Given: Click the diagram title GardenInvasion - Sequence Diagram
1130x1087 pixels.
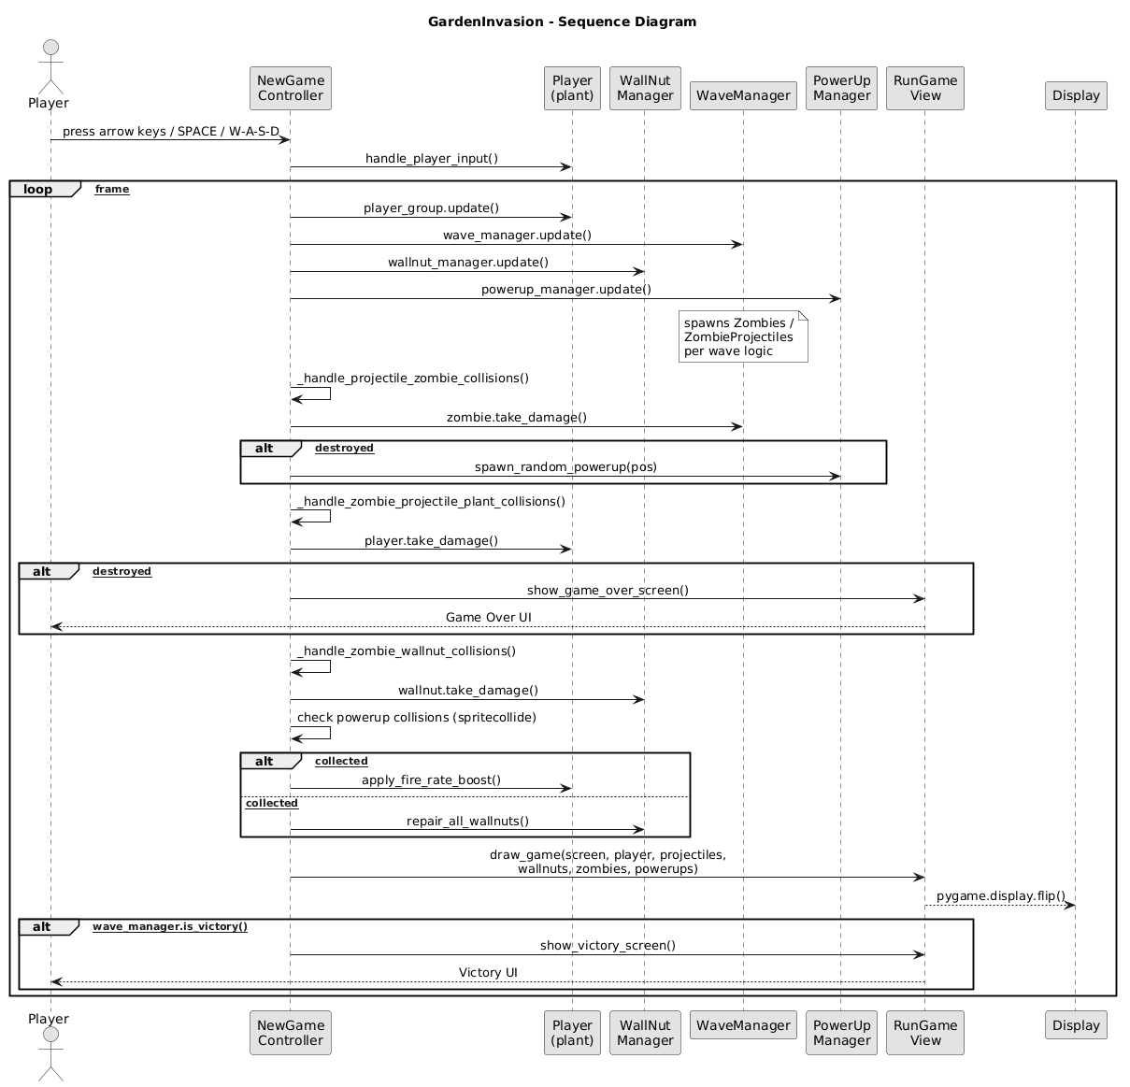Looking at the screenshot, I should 562,21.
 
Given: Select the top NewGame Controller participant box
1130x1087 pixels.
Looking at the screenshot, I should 290,88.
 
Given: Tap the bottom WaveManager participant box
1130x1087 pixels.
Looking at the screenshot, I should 743,1024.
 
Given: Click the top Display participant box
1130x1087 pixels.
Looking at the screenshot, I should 1075,95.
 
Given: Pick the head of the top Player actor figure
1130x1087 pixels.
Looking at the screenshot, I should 50,50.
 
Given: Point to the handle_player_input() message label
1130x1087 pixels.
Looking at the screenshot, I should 431,159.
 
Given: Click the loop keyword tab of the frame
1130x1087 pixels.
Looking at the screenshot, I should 39,189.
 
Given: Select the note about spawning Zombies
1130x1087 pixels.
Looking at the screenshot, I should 742,337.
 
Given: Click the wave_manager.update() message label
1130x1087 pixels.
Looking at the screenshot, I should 517,235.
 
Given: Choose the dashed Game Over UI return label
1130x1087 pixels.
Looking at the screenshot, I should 488,617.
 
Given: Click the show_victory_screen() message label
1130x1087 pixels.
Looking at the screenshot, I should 608,945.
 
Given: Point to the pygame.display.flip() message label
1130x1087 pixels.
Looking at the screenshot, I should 1000,895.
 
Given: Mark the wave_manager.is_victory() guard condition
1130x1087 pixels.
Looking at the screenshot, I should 170,926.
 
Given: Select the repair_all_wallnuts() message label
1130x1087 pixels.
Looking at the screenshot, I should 467,821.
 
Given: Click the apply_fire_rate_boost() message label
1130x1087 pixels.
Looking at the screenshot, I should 431,779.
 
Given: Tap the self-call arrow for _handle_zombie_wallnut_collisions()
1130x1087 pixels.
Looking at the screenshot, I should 318,666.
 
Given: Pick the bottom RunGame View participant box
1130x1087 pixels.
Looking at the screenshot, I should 925,1032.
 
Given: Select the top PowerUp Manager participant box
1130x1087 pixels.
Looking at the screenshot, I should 841,88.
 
